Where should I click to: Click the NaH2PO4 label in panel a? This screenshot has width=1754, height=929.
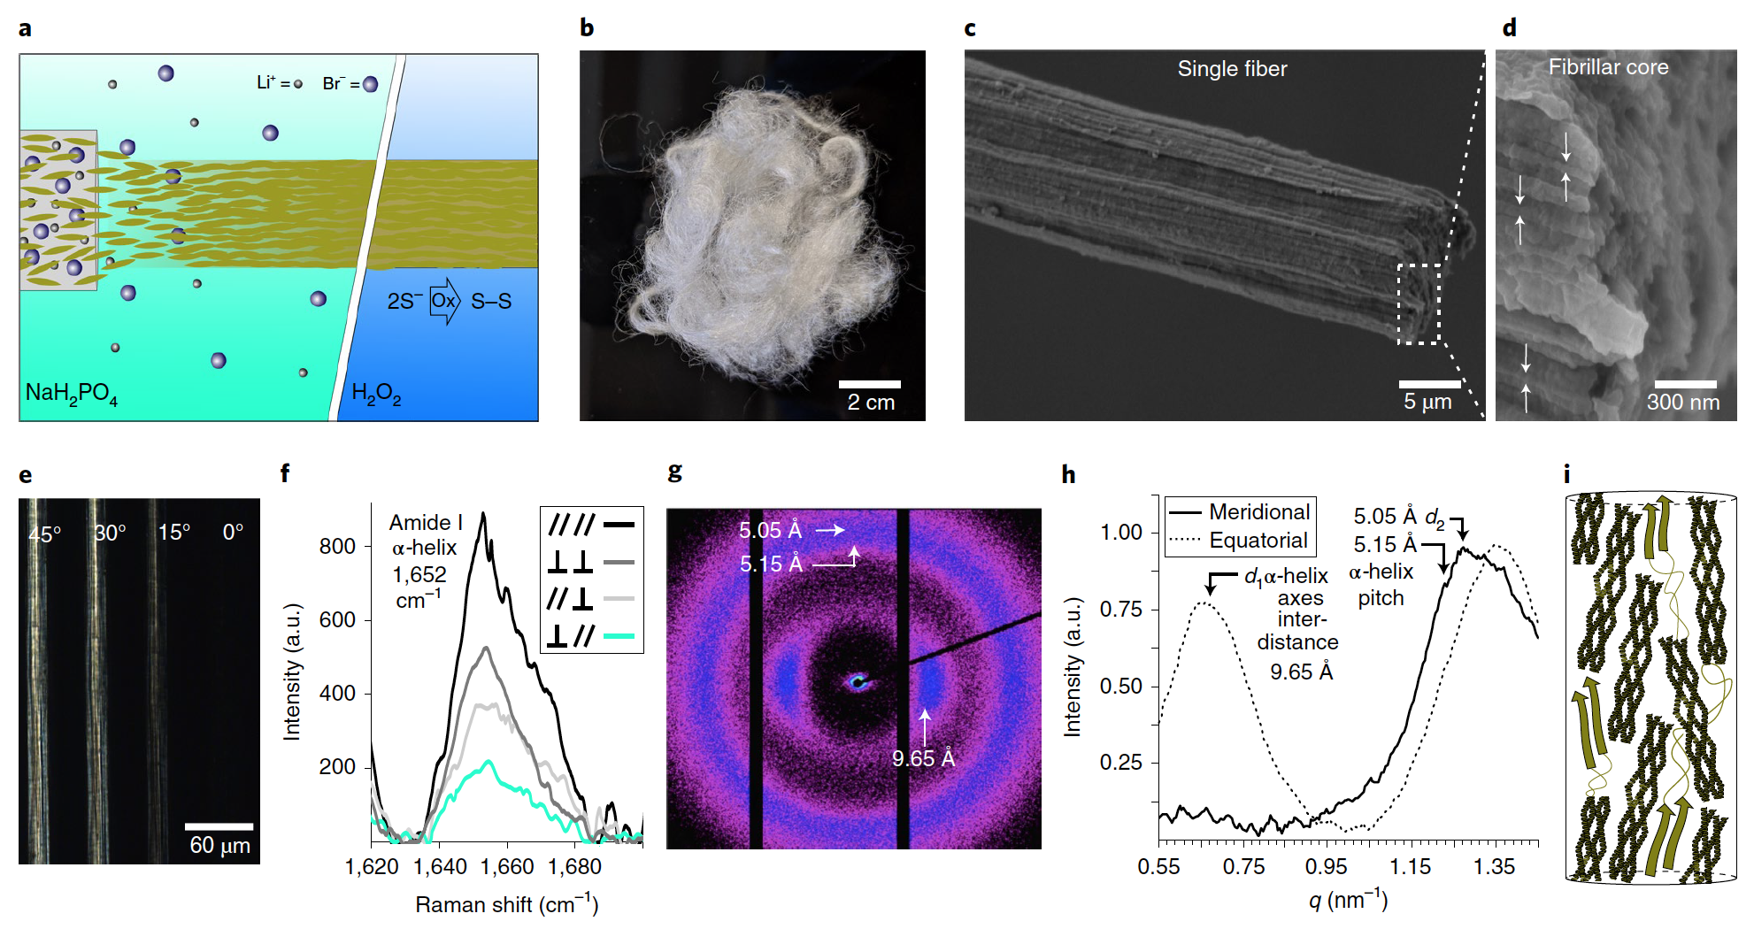coord(71,393)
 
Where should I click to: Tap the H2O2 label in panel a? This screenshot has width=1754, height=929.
coord(376,393)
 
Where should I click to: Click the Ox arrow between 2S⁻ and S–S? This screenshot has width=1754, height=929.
coord(444,301)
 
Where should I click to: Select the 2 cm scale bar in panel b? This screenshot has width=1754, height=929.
coord(869,385)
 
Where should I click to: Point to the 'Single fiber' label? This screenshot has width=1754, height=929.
coord(1232,69)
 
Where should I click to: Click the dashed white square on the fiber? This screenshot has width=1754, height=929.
coord(1419,303)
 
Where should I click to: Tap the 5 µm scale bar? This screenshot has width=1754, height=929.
coord(1429,384)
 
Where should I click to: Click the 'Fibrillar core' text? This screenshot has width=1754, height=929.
coord(1608,67)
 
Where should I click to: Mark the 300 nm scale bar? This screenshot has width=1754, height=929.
coord(1685,385)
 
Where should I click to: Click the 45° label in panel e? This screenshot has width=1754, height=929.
coord(45,534)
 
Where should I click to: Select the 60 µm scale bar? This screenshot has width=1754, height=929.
coord(219,826)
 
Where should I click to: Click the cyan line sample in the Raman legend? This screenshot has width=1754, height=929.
coord(619,635)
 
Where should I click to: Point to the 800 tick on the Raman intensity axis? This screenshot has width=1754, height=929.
coord(337,547)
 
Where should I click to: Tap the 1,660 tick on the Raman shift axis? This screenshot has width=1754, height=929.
coord(507,867)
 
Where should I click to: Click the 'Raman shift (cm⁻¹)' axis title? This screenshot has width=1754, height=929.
coord(506,904)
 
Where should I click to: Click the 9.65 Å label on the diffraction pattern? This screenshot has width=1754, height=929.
coord(923,758)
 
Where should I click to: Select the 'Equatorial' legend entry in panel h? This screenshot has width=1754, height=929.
coord(1258,541)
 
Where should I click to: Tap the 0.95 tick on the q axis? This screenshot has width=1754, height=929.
coord(1326,867)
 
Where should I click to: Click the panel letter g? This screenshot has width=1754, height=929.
coord(675,472)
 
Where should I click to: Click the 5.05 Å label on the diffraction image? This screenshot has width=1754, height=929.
coord(770,530)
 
